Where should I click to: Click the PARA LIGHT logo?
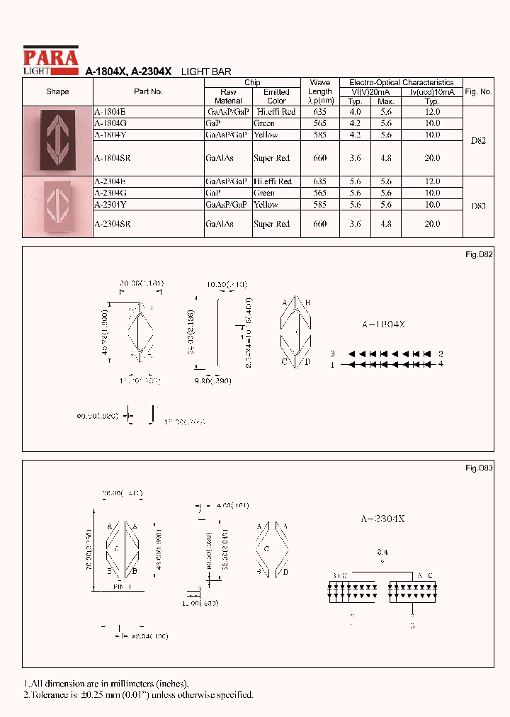coord(50,58)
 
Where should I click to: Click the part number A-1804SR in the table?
coord(113,159)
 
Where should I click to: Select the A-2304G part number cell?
coord(110,193)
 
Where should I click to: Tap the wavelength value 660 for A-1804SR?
coord(319,159)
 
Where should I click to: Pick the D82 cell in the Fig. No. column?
coord(478,141)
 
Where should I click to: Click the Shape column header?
coord(57,91)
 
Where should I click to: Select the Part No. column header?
coord(148,91)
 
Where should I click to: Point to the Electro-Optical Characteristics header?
coord(401,82)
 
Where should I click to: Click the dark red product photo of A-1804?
coord(57,140)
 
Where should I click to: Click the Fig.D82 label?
coord(479,254)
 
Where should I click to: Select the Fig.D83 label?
coord(479,468)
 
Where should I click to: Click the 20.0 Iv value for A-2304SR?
coord(432,224)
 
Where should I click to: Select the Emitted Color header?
coord(276,96)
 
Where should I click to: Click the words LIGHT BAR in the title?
coord(207,72)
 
